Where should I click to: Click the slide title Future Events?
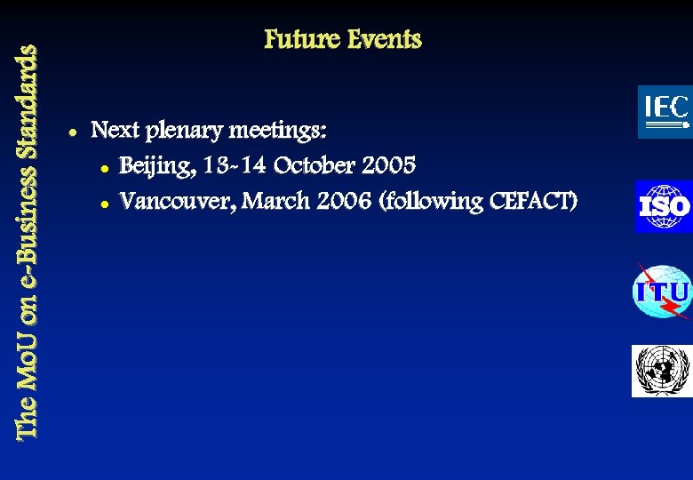[x=342, y=40]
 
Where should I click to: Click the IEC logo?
[x=665, y=112]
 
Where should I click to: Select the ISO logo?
[x=663, y=206]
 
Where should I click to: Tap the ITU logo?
[x=662, y=292]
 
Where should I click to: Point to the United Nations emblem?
[x=661, y=371]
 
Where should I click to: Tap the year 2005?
[x=385, y=165]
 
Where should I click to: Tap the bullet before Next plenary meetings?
[x=70, y=132]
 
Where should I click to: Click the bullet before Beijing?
[x=105, y=167]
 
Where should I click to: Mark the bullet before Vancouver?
[x=105, y=203]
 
